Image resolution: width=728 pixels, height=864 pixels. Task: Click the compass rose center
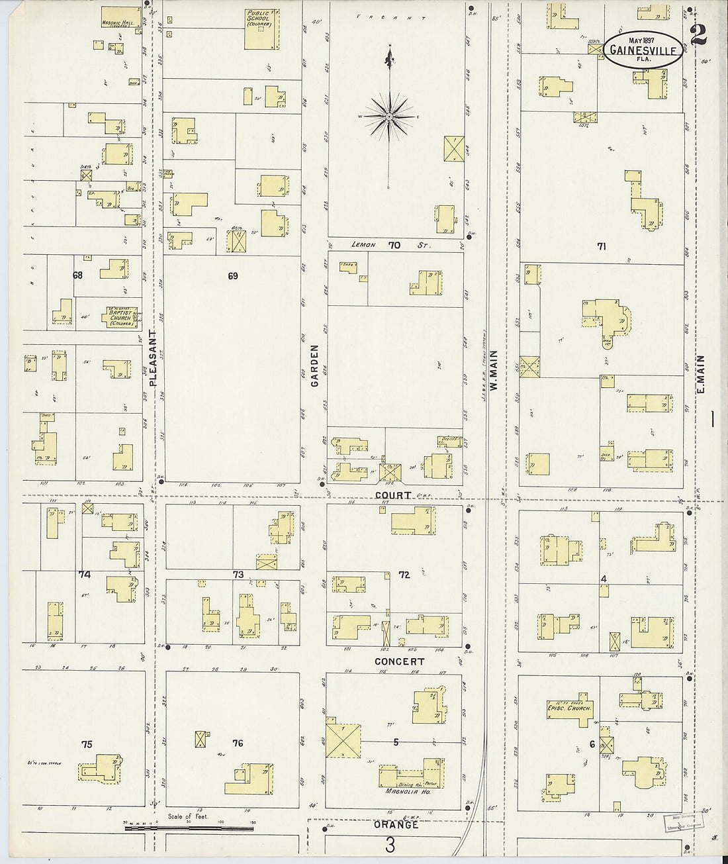(390, 117)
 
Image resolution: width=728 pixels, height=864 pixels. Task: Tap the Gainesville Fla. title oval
(643, 50)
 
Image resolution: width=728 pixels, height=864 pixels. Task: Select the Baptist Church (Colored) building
(120, 316)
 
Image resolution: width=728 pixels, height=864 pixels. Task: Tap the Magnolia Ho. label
(408, 791)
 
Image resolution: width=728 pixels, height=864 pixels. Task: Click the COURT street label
(392, 495)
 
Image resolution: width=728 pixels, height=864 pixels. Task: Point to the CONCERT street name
(399, 661)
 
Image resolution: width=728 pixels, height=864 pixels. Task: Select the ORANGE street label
(396, 825)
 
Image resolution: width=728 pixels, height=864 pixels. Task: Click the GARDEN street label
(315, 365)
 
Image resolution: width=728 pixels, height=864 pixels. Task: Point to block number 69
(232, 276)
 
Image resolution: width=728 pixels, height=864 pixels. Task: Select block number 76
(238, 744)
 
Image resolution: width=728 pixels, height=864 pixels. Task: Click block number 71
(601, 246)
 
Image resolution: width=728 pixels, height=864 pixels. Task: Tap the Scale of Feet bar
(189, 826)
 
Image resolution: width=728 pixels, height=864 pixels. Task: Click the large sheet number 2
(698, 35)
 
